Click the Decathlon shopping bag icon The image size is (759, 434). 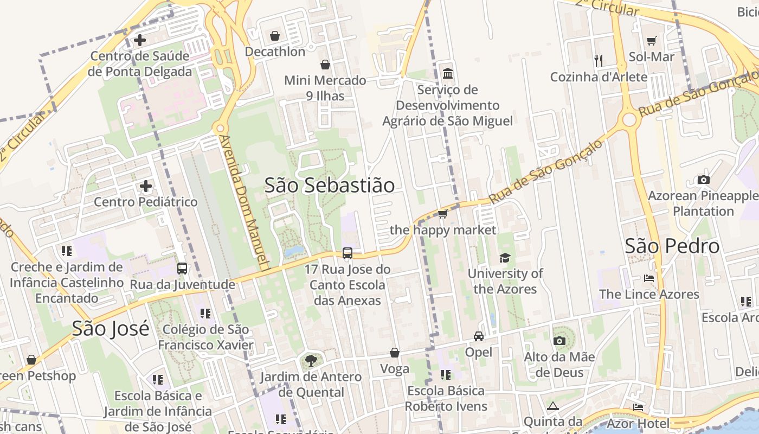[x=275, y=36]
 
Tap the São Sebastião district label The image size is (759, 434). [x=330, y=185]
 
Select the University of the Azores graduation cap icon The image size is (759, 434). [x=505, y=258]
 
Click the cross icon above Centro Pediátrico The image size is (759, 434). [x=145, y=187]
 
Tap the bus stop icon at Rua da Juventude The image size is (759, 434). [x=182, y=269]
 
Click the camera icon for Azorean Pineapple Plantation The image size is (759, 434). [x=703, y=180]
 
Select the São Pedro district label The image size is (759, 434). [x=672, y=246]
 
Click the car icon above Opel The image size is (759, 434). [x=479, y=336]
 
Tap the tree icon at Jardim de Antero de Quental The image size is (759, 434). [x=311, y=361]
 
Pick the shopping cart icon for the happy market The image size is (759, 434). [x=442, y=214]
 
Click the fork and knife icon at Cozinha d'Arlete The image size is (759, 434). [x=599, y=61]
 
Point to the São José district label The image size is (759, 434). [x=111, y=328]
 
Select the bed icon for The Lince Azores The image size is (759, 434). [x=649, y=278]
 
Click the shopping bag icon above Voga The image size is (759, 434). [x=395, y=353]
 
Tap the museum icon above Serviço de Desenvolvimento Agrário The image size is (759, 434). [x=448, y=73]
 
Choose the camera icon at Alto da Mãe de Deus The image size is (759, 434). [x=559, y=341]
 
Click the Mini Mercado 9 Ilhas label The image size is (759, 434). [x=325, y=88]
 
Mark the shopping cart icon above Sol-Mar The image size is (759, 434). [x=652, y=41]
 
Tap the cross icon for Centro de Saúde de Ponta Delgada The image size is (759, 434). [x=140, y=40]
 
